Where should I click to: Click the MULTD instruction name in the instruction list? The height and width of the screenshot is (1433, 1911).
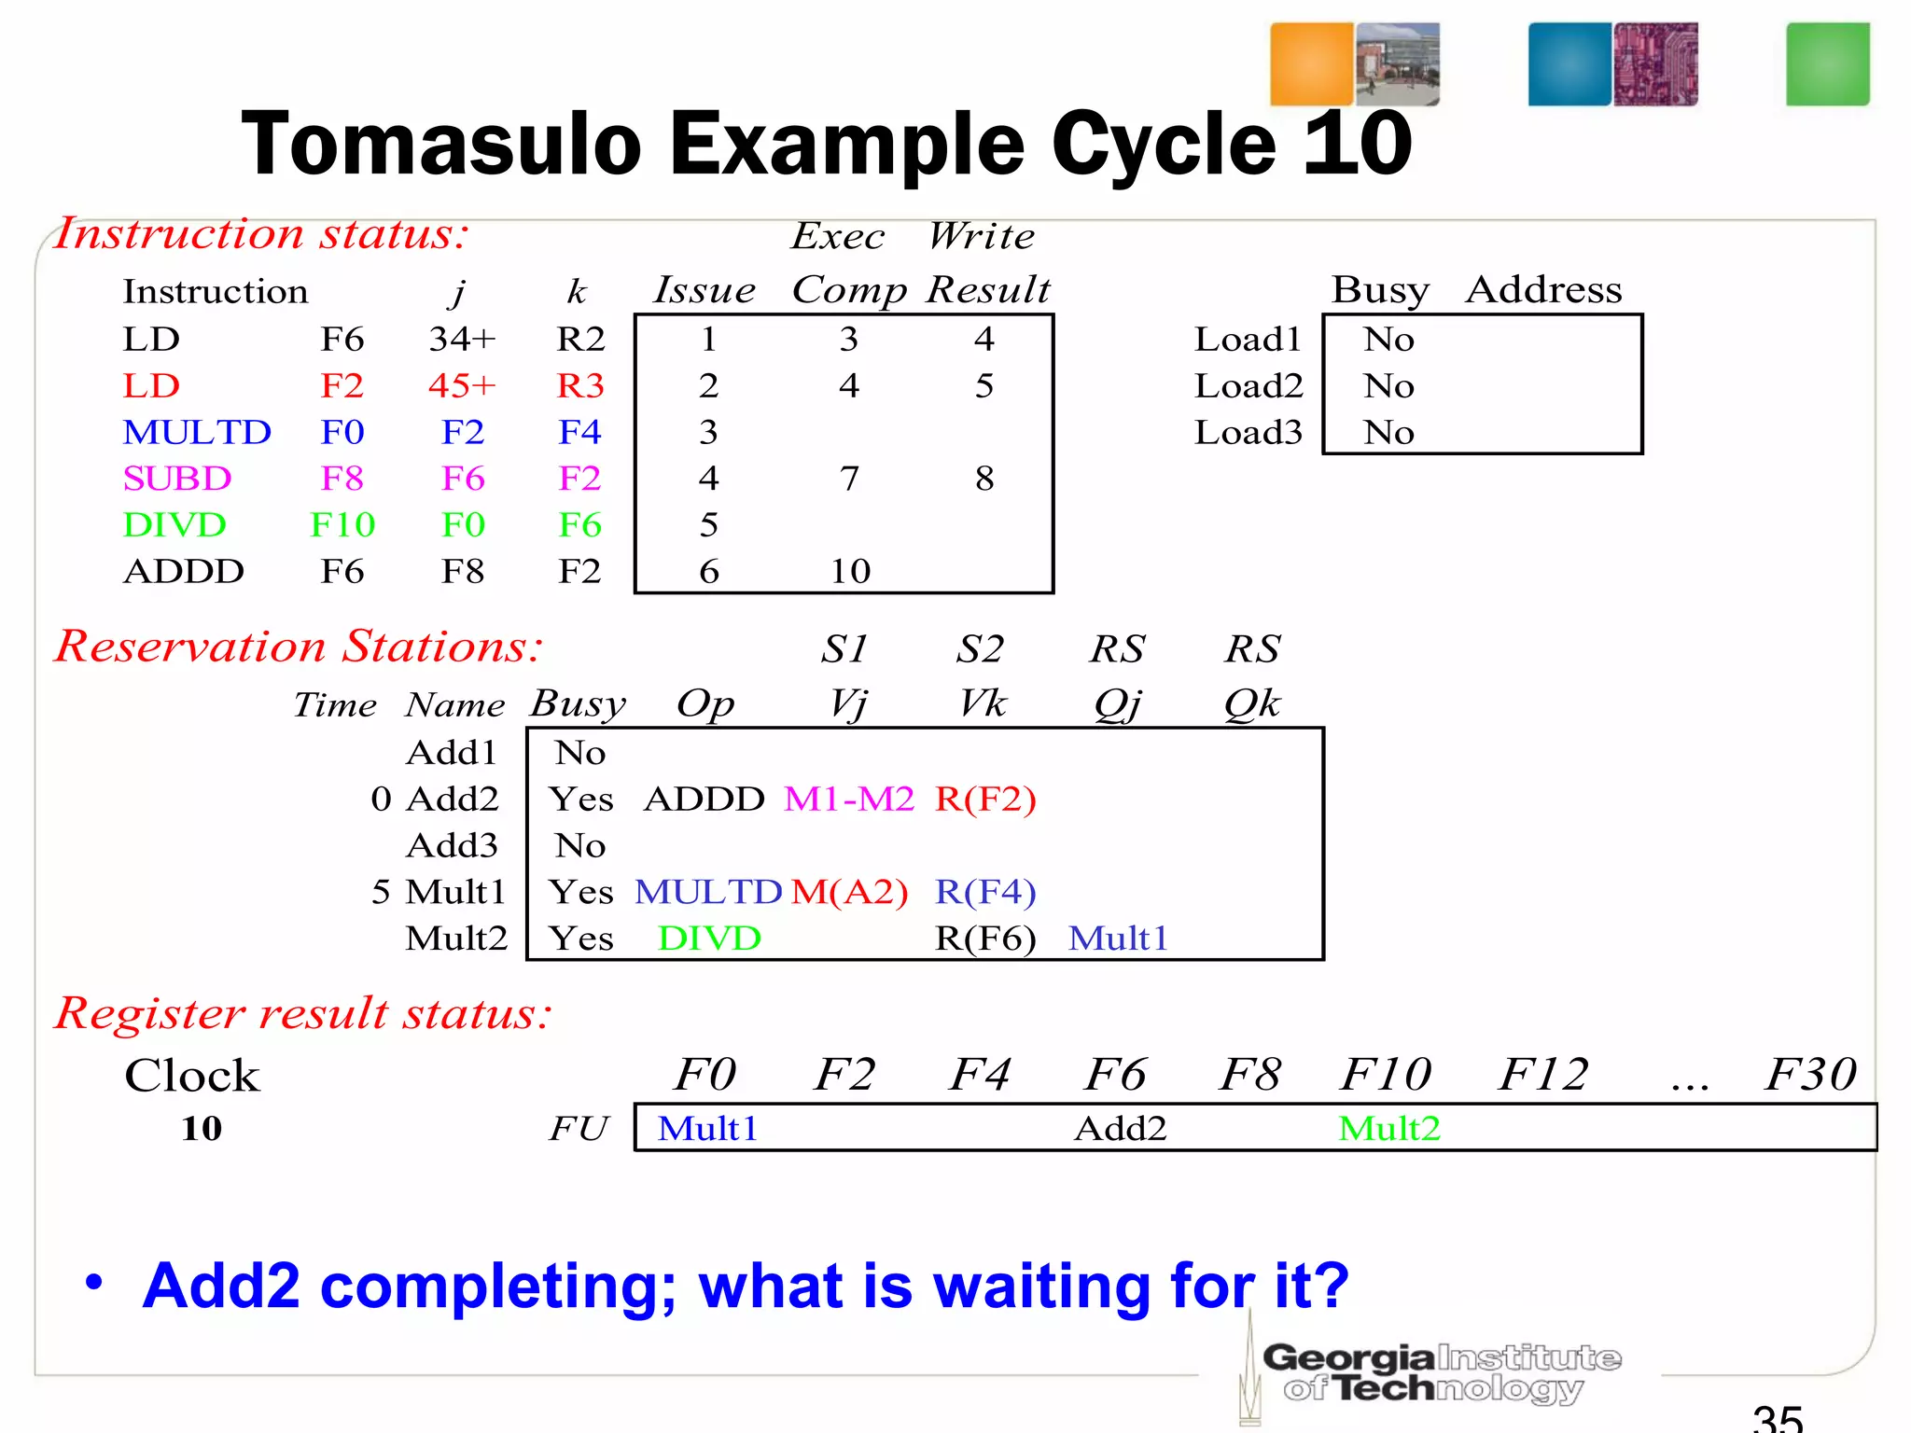point(197,432)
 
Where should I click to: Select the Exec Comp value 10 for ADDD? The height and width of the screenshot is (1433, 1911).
point(850,571)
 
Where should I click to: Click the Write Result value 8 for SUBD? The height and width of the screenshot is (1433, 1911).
point(984,479)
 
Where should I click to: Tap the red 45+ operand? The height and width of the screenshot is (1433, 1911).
point(462,385)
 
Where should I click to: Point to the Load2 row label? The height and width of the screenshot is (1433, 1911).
point(1248,385)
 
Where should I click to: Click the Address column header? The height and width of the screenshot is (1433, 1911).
point(1543,289)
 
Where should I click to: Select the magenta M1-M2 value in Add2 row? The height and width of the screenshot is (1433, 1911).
point(848,800)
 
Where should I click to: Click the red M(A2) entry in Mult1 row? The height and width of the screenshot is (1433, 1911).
point(849,892)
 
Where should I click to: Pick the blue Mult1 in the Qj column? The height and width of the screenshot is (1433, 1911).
point(1118,939)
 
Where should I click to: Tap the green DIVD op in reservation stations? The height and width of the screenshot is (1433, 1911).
point(709,939)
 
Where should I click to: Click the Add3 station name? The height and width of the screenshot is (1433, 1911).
point(453,845)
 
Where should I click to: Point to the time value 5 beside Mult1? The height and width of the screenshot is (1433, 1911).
point(381,892)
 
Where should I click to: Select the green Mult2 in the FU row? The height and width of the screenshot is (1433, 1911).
point(1388,1129)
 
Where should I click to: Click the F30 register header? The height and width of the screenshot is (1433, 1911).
point(1809,1074)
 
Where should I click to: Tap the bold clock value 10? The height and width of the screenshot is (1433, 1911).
point(202,1129)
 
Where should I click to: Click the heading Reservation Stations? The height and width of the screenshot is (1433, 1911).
point(299,646)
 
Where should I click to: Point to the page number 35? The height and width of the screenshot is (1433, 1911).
point(1777,1418)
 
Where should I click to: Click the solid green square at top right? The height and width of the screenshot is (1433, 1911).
point(1827,64)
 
